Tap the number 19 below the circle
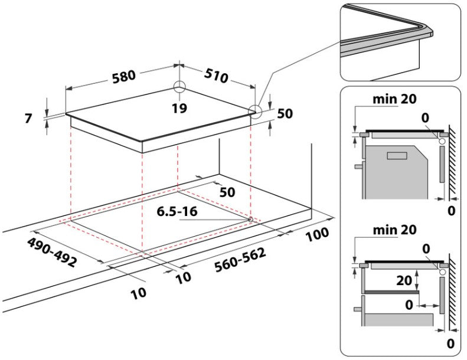click(x=180, y=108)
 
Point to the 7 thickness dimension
click(x=28, y=117)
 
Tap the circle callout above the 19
click(x=179, y=87)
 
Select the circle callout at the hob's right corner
click(x=254, y=110)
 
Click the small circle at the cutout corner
click(x=252, y=220)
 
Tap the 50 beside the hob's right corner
click(x=285, y=114)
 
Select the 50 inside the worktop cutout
click(x=227, y=192)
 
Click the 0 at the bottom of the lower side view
click(x=451, y=342)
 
